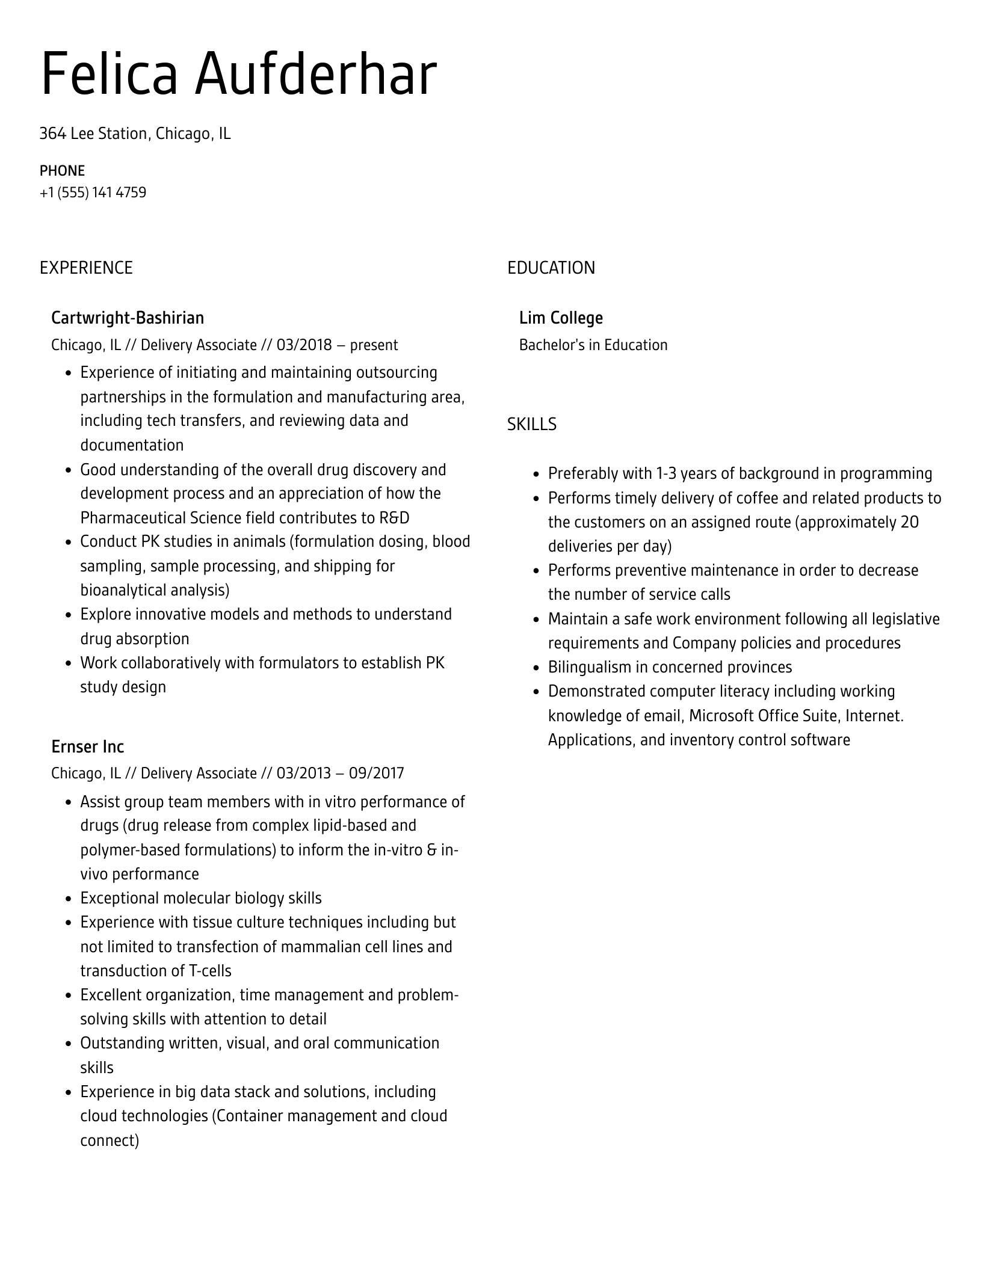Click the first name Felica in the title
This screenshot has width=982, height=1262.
[109, 74]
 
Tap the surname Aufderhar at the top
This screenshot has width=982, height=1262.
[315, 74]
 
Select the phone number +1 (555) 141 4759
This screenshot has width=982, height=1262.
[93, 192]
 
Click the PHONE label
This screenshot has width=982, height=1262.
[62, 171]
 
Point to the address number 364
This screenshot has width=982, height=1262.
[52, 134]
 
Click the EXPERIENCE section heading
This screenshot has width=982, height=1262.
[86, 268]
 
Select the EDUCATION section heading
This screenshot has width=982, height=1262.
[551, 268]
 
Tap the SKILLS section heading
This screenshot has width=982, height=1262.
[531, 425]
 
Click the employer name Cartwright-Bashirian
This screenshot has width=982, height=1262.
[128, 318]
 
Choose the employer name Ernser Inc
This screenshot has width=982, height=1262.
[87, 746]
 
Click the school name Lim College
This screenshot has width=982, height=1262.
[561, 318]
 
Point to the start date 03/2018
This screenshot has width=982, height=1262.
[304, 345]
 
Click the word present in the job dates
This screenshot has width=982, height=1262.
[374, 345]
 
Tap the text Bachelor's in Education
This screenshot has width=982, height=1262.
[593, 345]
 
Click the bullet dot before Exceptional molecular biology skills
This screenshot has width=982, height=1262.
[68, 899]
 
